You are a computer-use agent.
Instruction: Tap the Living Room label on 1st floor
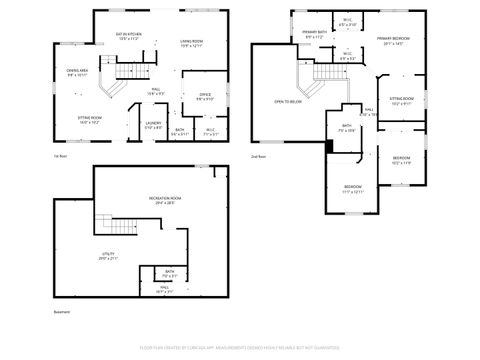pyautogui.click(x=193, y=42)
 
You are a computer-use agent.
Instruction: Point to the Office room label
pyautogui.click(x=204, y=97)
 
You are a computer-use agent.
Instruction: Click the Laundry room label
pyautogui.click(x=153, y=125)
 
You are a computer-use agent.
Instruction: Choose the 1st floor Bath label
pyautogui.click(x=180, y=130)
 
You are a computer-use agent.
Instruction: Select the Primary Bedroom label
pyautogui.click(x=394, y=41)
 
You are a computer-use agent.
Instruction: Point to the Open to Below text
pyautogui.click(x=288, y=102)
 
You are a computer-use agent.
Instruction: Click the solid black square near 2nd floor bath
pyautogui.click(x=328, y=147)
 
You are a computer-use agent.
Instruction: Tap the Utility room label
pyautogui.click(x=108, y=256)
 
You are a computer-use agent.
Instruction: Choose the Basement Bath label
pyautogui.click(x=170, y=273)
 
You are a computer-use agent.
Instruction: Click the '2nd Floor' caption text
pyautogui.click(x=259, y=158)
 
